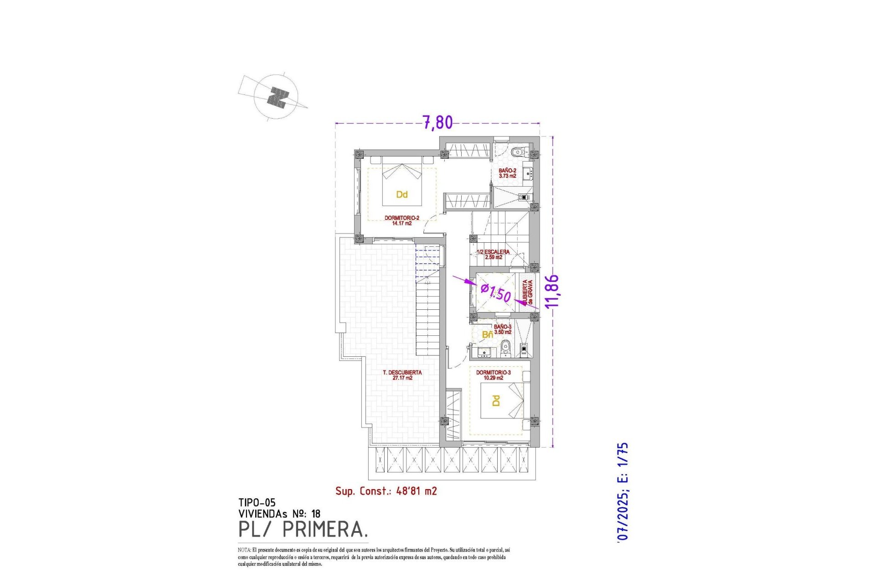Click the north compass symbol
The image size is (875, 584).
[x=277, y=97]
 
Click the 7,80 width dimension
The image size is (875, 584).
[x=438, y=122]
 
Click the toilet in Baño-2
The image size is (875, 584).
[x=517, y=152]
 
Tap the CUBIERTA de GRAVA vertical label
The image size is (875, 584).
[x=527, y=292]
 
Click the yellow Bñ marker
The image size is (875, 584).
[x=487, y=335]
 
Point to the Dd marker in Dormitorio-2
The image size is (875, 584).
[x=401, y=195]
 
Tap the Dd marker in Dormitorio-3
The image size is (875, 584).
[x=496, y=401]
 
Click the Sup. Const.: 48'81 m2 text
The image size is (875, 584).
[x=386, y=491]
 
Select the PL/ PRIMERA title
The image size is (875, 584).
[x=303, y=530]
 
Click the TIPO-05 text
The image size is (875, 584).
[x=257, y=503]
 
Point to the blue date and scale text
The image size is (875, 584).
[x=623, y=492]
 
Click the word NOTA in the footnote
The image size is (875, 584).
[x=244, y=550]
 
